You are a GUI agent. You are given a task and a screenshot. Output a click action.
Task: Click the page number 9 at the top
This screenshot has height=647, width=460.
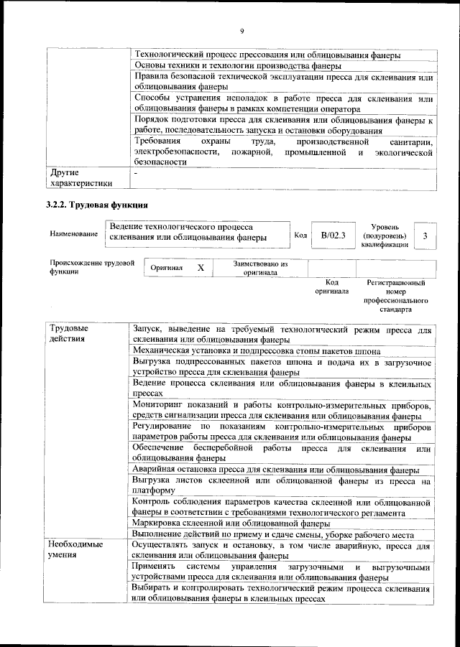(x=241, y=31)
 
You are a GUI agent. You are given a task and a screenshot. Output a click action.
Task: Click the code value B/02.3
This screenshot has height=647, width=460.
(x=333, y=235)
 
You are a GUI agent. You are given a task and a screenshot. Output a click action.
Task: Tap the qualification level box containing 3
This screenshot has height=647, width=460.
(x=426, y=236)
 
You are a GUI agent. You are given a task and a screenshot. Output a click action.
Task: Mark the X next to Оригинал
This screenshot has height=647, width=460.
(x=201, y=267)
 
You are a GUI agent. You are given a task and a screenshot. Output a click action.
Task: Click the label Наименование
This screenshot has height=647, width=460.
(x=74, y=235)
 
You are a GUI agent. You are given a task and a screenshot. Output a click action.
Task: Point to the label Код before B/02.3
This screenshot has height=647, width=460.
(x=301, y=236)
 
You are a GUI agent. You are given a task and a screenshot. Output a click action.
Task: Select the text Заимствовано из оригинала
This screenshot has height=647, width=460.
(x=260, y=268)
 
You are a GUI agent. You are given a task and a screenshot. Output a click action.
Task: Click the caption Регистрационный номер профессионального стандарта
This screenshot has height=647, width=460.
(x=396, y=296)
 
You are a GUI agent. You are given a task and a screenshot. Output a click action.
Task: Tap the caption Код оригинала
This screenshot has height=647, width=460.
(x=331, y=287)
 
